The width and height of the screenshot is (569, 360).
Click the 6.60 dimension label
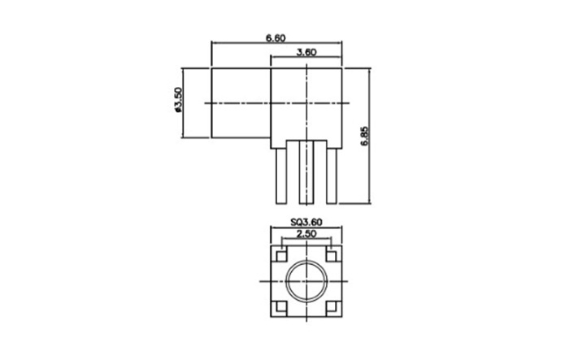(x=276, y=37)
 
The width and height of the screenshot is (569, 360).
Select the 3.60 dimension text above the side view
(x=306, y=52)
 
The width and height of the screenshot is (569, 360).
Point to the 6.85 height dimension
(x=365, y=136)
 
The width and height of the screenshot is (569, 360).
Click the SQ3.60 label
(x=306, y=222)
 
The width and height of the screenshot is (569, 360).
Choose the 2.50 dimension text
(x=306, y=234)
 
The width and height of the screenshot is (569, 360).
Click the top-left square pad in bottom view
(x=281, y=256)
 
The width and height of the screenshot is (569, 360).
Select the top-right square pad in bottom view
(x=331, y=256)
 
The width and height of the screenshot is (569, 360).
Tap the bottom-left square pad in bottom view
(x=281, y=306)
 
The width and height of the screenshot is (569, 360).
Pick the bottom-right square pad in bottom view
(x=331, y=306)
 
